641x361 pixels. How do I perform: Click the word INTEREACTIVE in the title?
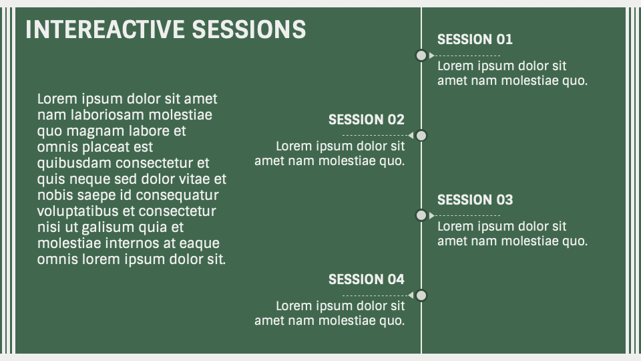tap(105, 30)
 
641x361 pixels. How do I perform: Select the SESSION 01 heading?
tap(475, 39)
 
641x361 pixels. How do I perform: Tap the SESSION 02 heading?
tap(366, 120)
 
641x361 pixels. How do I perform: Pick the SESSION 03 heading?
tap(475, 200)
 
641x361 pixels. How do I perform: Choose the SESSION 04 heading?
tap(366, 279)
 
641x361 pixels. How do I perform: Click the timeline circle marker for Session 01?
tap(421, 55)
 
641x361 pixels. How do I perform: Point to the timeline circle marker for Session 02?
tap(421, 136)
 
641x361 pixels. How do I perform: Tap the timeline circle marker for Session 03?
tap(421, 215)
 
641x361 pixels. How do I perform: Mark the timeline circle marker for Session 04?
tap(421, 295)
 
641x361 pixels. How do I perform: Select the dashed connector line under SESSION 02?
tap(374, 136)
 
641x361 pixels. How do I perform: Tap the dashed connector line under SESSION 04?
tap(374, 295)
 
